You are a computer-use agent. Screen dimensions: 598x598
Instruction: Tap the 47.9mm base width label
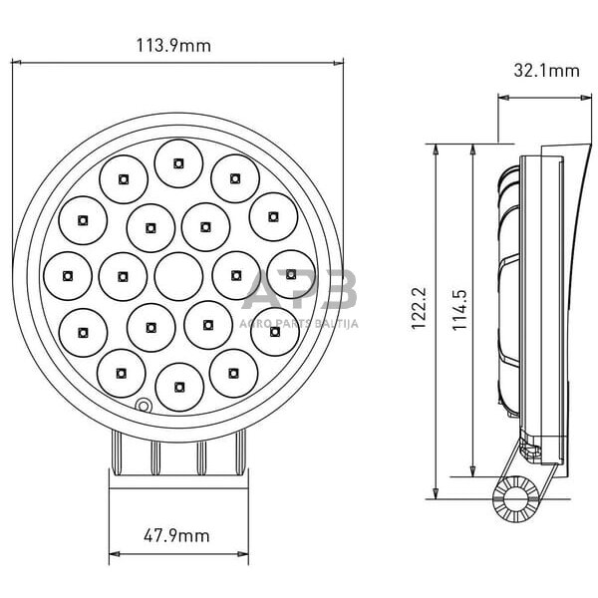click(x=176, y=535)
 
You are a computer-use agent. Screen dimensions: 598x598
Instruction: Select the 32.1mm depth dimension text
click(x=546, y=70)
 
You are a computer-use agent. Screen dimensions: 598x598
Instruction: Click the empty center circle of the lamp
click(x=177, y=271)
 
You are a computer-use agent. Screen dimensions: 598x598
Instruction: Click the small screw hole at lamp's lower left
click(x=144, y=406)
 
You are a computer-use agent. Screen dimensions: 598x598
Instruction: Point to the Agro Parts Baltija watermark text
click(x=299, y=323)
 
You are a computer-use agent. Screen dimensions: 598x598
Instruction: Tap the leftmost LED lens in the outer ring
click(x=67, y=271)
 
